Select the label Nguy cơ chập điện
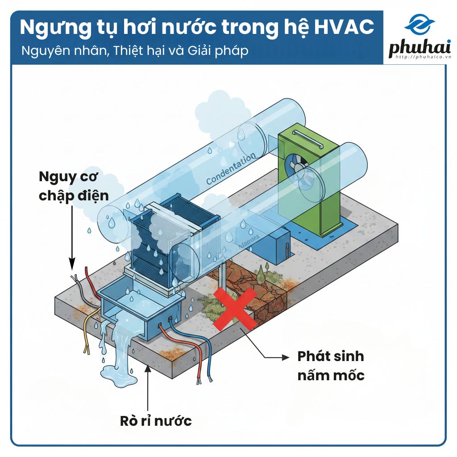(x=74, y=186)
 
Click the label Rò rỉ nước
(x=156, y=420)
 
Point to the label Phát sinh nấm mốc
(x=331, y=366)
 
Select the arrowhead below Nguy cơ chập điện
(x=71, y=266)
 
